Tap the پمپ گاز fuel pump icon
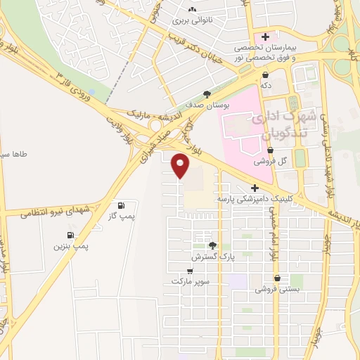pos(122,205)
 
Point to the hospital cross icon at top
pos(265,37)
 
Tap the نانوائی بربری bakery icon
pos(192,9)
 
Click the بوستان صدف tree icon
pos(206,94)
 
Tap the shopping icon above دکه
pos(265,74)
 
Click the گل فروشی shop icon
pos(271,150)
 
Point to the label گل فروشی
pos(267,161)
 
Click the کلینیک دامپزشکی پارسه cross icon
pos(255,188)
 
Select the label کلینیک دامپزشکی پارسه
pos(250,199)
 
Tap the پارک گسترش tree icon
pos(212,245)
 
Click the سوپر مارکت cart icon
pos(190,271)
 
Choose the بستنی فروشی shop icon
pos(278,278)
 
